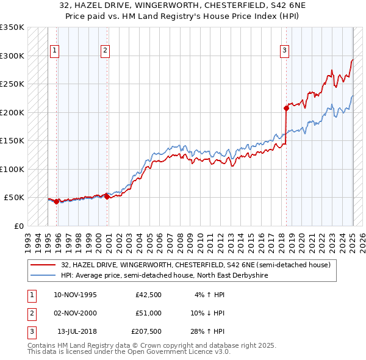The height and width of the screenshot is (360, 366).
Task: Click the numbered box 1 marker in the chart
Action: pos(56,51)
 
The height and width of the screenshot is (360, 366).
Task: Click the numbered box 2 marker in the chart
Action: pos(106,51)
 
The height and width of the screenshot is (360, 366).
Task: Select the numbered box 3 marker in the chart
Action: pos(285,51)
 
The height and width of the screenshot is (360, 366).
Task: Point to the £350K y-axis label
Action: pos(12,27)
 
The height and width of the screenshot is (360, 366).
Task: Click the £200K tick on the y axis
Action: pos(12,112)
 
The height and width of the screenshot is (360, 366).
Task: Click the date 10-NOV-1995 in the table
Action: pos(76,295)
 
